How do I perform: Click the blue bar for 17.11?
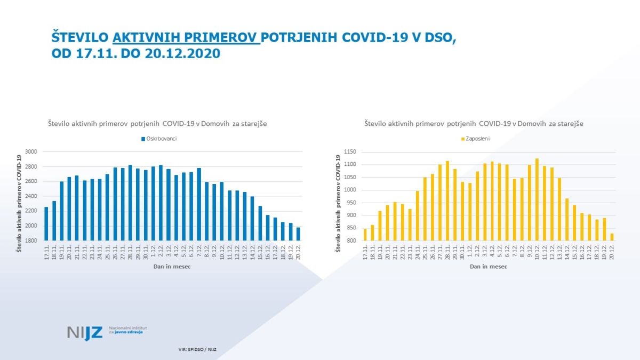tap(46, 223)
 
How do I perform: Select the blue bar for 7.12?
tap(199, 204)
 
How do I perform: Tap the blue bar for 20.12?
tap(298, 234)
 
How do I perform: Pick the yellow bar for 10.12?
tap(537, 200)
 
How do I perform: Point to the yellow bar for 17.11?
tap(365, 235)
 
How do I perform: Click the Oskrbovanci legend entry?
tap(159, 139)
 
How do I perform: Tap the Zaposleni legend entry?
tap(476, 139)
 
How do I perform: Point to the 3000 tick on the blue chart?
tap(31, 152)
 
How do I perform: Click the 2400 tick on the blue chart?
tap(31, 196)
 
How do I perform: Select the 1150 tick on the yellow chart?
tap(349, 152)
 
